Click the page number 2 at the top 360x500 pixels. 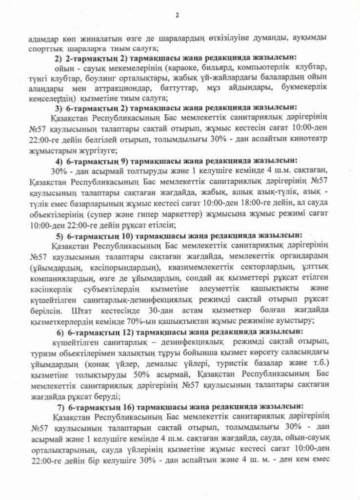[178, 16]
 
